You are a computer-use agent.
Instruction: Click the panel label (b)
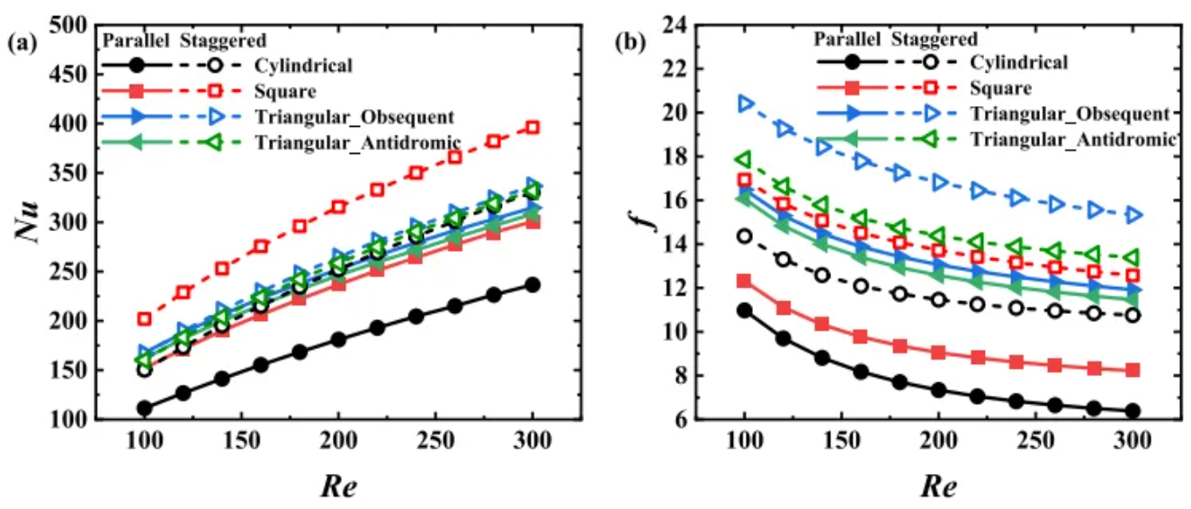(628, 41)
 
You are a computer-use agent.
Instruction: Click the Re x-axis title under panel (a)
(338, 487)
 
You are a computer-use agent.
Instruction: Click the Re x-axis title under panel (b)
(939, 487)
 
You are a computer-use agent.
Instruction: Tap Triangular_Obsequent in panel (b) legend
(1070, 114)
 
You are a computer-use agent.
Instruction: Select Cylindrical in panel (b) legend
(1018, 63)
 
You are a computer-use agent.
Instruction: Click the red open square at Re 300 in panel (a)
(533, 128)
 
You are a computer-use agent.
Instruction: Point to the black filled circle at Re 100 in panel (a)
(144, 408)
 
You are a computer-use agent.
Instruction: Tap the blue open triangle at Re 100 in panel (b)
(745, 103)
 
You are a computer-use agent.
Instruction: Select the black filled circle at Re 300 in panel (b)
(1133, 411)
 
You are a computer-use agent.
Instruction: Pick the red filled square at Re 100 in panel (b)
(744, 281)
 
